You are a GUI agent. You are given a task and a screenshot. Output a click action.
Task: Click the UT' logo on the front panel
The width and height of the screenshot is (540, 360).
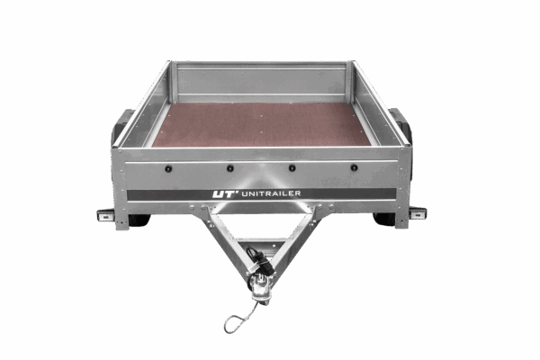(225, 194)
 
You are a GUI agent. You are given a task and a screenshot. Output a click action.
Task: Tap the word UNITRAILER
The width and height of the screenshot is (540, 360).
(272, 193)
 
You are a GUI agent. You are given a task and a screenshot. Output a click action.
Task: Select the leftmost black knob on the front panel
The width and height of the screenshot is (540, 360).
(168, 169)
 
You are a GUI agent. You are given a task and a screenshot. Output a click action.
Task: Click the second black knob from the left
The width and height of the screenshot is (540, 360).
(230, 168)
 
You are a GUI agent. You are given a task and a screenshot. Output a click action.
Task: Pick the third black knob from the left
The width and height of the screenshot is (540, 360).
(292, 168)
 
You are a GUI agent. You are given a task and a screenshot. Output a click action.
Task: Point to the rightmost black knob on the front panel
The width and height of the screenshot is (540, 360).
(354, 168)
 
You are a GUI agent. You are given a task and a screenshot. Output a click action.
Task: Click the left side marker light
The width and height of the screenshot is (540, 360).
(105, 215)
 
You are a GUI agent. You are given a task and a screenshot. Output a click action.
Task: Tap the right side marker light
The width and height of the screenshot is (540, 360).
(418, 213)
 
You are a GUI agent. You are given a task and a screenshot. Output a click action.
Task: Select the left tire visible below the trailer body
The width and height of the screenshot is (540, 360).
(139, 220)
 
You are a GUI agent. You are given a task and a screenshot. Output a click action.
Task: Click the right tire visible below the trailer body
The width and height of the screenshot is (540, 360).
(384, 219)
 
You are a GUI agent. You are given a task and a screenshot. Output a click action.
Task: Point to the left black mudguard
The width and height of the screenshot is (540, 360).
(121, 125)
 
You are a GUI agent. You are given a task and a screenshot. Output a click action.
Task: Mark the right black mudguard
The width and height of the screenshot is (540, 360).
(401, 124)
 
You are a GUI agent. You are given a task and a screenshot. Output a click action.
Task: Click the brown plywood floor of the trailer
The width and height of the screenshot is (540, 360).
(262, 125)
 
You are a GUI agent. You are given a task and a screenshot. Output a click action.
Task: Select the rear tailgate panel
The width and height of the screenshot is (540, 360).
(261, 81)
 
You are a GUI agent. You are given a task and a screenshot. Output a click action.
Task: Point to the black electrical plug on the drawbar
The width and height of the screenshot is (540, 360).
(261, 262)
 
